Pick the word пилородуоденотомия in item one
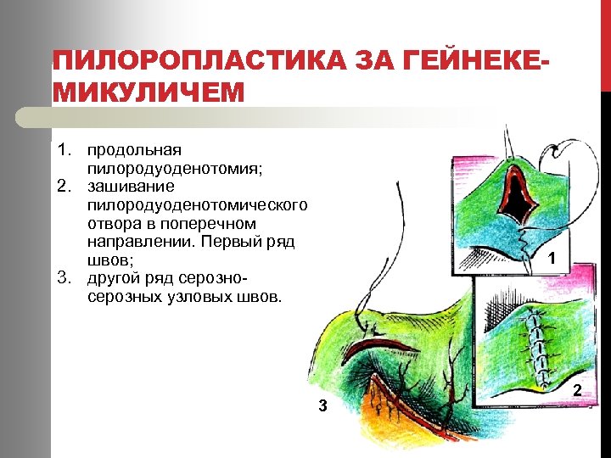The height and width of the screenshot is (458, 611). click(x=174, y=168)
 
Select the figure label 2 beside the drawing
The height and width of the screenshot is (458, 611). click(x=577, y=390)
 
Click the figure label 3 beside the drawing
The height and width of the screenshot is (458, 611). click(x=322, y=406)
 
